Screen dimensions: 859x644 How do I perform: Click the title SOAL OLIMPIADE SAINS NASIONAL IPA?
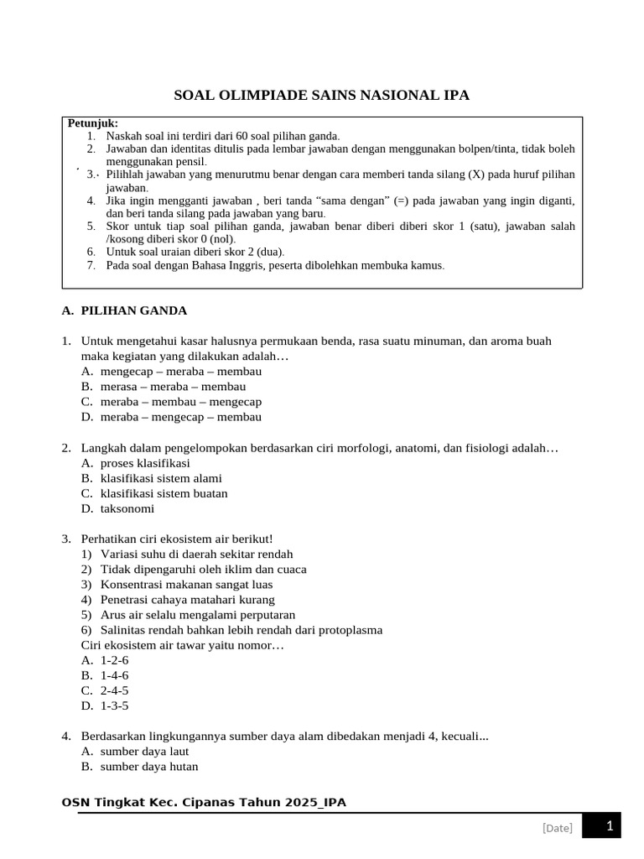[321, 96]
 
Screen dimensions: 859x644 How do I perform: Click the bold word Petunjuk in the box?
[93, 123]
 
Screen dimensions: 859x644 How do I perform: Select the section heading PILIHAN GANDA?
[133, 310]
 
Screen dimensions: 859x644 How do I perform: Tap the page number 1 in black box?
[610, 827]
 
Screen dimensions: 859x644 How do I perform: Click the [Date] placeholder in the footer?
[558, 828]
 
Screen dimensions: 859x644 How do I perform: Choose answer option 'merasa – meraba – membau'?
[173, 387]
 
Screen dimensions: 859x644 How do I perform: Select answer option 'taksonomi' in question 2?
[127, 508]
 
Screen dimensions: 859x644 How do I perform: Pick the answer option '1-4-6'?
[114, 675]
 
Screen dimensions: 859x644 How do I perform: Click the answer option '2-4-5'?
[114, 690]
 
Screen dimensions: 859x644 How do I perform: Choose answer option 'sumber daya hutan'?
[149, 766]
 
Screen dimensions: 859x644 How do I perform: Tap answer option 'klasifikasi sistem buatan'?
[164, 493]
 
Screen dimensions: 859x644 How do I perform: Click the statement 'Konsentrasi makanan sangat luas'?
[186, 585]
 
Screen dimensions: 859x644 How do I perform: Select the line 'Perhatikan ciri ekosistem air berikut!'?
[177, 539]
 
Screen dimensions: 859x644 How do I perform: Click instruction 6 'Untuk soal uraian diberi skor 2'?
[195, 252]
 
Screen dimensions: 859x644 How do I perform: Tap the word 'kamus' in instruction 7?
[425, 265]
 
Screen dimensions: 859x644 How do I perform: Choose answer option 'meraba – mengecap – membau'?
[180, 417]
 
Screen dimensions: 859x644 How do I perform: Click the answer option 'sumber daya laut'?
[144, 751]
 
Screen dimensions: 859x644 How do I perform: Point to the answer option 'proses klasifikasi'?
[145, 463]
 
